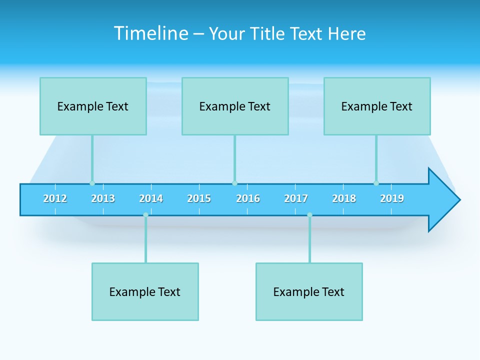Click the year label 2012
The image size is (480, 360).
(x=55, y=198)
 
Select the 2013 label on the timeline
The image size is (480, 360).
(x=103, y=198)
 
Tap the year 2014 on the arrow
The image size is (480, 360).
(x=151, y=198)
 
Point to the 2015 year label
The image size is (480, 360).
(x=199, y=198)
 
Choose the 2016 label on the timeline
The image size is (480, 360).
(x=248, y=198)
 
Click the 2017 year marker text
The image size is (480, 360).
(x=296, y=198)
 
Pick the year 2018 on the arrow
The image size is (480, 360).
(x=344, y=198)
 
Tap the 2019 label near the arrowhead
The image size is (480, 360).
(x=392, y=198)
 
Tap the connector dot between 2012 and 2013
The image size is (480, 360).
(x=92, y=183)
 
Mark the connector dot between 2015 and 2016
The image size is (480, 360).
(x=234, y=183)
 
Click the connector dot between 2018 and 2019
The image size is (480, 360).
(x=376, y=183)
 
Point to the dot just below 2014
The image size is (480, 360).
(x=145, y=215)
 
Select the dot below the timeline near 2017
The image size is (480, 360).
(x=309, y=215)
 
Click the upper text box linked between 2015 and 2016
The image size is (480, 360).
(x=235, y=106)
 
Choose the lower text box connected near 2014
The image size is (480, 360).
(x=145, y=291)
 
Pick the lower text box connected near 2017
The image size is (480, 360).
(x=309, y=291)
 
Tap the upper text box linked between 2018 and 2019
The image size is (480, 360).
(x=377, y=106)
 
